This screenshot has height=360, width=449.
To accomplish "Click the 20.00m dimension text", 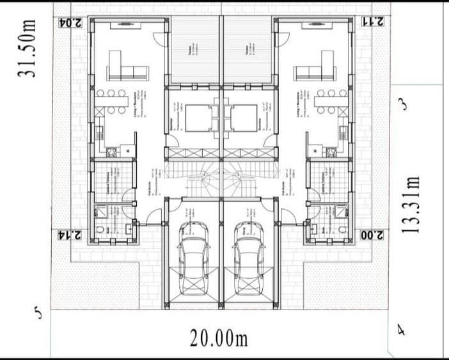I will tap(219, 338).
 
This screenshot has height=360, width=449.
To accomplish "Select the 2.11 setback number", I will tap(372, 22).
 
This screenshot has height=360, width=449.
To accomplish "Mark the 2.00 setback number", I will tap(372, 235).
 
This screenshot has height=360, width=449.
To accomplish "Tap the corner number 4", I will tap(401, 331).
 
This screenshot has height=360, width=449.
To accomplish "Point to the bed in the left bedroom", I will tap(195, 118).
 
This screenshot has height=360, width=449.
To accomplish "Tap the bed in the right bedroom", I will tap(244, 118).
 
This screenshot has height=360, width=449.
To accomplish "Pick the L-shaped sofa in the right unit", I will tap(315, 67).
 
